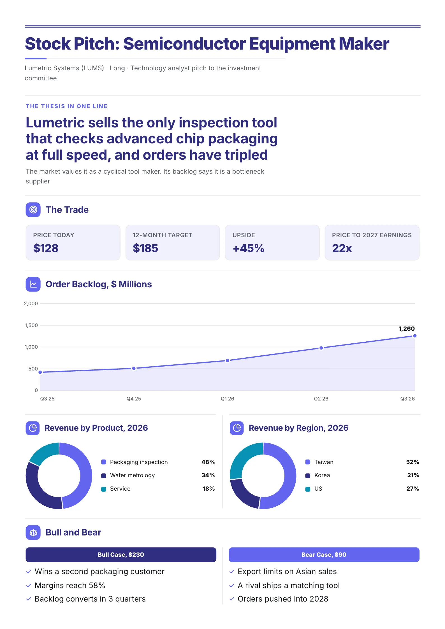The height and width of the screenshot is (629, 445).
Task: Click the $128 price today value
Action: point(46,248)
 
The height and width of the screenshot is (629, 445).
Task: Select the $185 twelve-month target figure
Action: point(145,248)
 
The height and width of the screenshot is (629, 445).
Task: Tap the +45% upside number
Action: point(249,248)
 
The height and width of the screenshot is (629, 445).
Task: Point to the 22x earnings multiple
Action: point(342,248)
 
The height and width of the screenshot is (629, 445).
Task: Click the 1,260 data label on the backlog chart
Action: point(406,329)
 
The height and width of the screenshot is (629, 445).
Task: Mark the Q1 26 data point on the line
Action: point(228,360)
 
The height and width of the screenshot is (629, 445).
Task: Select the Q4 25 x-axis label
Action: point(134,399)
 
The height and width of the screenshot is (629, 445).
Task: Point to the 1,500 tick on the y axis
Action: point(31,325)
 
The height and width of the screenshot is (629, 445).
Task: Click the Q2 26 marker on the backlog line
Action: point(321,348)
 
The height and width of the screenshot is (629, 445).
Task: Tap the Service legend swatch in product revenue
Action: point(104,489)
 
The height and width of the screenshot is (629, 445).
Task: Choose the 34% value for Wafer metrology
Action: point(208,475)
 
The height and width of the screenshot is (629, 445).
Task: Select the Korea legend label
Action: point(322,475)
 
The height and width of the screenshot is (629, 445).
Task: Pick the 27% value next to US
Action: point(412,489)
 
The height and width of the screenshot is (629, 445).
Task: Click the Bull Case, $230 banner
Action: point(121,555)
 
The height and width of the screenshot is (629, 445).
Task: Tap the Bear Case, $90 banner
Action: point(324,555)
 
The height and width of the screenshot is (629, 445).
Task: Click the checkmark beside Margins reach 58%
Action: point(29,585)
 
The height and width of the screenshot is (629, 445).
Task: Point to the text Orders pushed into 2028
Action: point(283,599)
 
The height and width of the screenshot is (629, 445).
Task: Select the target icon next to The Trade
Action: point(33,209)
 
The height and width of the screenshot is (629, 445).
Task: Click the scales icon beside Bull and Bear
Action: point(33,532)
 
